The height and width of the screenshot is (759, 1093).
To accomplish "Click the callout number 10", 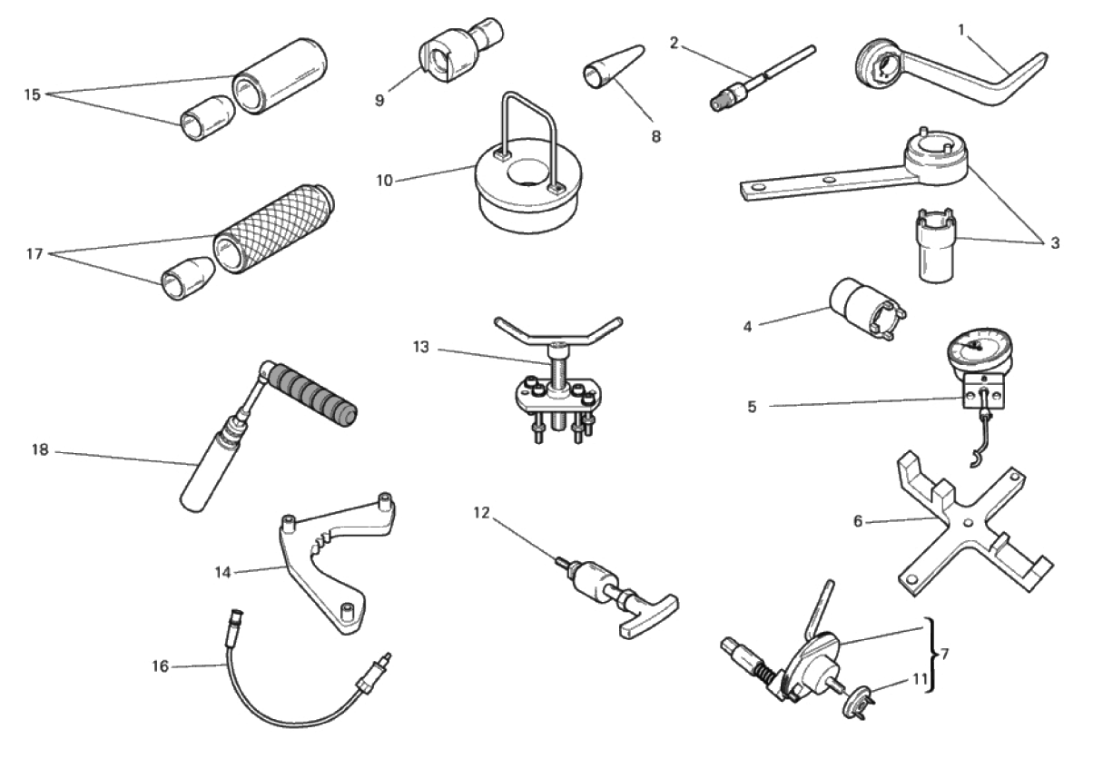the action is [385, 181].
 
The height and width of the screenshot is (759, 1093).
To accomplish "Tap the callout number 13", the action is [420, 347].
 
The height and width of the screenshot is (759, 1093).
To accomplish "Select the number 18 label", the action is [40, 449].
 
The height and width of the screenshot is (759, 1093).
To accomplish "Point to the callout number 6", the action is [858, 521].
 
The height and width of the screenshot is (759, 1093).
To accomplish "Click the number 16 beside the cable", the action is [160, 666].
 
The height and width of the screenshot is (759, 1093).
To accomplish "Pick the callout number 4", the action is [747, 327].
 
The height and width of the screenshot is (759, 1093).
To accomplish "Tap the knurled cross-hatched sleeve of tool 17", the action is [273, 230].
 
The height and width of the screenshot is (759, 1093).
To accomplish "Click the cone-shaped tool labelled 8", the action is [614, 68].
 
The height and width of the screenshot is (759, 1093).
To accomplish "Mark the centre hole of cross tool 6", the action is [969, 524].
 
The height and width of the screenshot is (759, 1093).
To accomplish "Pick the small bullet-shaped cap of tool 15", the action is [207, 118].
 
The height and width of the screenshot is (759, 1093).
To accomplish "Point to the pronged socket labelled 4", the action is [867, 309].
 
